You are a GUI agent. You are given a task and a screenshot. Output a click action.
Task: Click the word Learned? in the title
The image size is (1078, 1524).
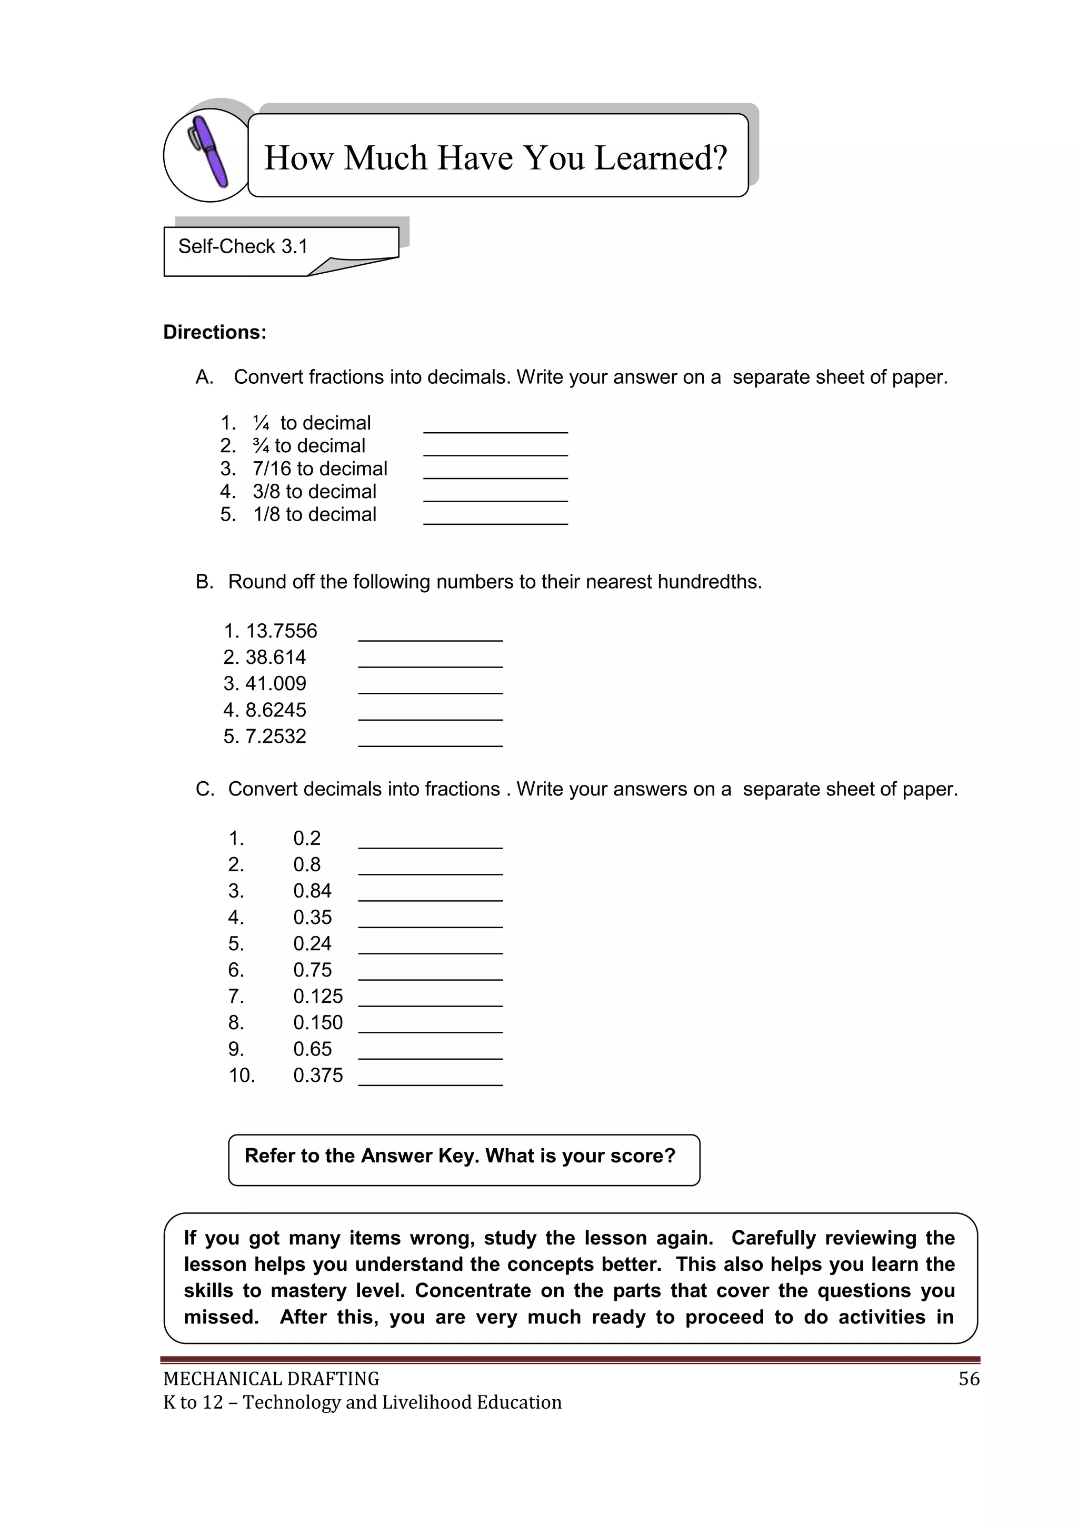660,158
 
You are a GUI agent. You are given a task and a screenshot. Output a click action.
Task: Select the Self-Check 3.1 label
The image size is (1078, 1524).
243,246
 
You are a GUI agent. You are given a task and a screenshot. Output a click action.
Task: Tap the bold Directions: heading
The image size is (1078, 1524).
214,332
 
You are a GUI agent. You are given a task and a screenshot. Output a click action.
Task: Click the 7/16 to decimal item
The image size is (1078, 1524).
320,469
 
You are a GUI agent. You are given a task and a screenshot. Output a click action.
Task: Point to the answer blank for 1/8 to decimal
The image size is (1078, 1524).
495,516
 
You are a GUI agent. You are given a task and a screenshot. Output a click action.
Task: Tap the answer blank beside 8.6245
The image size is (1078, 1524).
430,712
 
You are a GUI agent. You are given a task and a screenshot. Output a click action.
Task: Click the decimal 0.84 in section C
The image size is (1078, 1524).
312,891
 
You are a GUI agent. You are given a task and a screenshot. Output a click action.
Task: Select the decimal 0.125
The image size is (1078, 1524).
318,997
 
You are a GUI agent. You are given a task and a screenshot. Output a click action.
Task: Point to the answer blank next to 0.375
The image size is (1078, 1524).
430,1077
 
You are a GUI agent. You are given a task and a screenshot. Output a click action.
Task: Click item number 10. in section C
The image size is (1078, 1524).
242,1075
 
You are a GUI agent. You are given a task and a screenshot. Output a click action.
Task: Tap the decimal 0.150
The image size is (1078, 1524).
318,1023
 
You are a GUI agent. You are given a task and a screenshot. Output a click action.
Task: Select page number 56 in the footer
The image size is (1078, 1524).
969,1379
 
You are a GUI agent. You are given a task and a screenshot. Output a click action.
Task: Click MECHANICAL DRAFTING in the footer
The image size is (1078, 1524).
271,1379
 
